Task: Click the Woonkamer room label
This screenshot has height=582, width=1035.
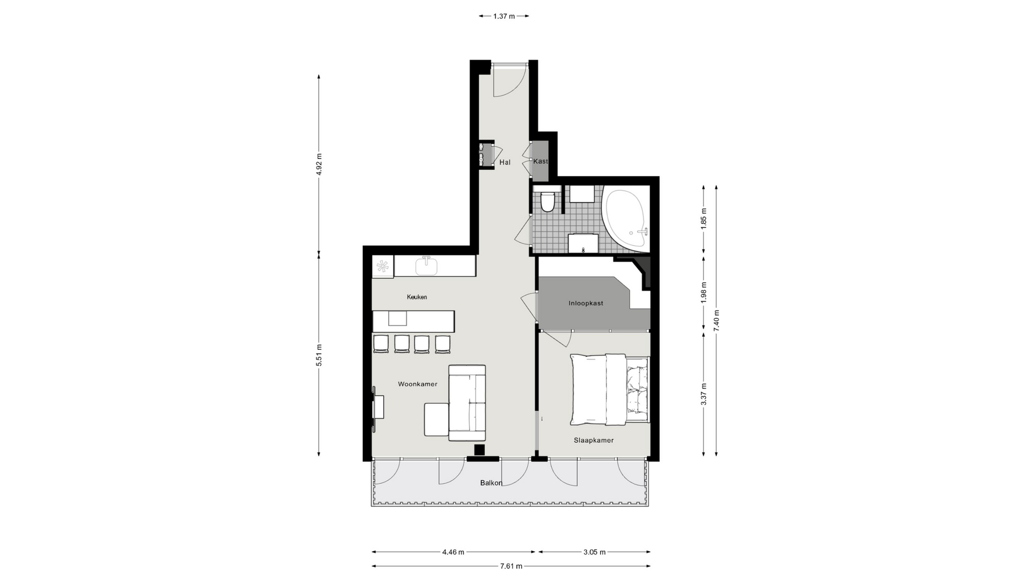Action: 417,384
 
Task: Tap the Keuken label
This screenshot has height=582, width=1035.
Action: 417,297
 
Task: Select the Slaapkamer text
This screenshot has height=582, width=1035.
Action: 594,440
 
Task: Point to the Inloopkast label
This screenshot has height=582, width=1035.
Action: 585,303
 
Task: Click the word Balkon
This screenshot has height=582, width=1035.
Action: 491,483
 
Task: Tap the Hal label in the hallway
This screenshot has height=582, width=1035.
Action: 505,162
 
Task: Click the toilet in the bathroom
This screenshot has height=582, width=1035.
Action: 548,201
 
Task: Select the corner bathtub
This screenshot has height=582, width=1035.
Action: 626,219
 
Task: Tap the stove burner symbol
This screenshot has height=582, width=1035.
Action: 383,266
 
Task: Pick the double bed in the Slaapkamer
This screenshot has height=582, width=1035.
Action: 610,389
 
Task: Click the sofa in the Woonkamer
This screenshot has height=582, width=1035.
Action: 467,403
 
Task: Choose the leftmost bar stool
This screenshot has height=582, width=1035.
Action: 381,344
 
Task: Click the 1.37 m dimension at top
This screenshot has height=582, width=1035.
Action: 504,16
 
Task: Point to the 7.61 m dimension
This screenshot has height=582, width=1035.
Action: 511,566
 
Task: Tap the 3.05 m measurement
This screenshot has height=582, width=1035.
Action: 594,552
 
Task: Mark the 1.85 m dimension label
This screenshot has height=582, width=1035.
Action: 703,218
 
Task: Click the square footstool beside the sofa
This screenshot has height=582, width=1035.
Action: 437,419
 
